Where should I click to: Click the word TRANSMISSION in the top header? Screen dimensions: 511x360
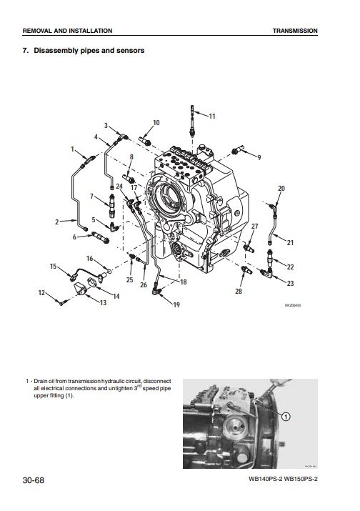295,31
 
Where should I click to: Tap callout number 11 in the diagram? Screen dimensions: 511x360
211,116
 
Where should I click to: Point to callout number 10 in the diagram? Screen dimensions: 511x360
156,124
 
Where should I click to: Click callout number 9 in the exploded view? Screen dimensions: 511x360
259,157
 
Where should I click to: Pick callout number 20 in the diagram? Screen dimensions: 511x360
280,189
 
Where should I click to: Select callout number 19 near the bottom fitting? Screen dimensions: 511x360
176,305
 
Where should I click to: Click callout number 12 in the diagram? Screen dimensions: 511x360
41,293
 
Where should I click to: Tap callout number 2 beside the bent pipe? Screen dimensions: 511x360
56,222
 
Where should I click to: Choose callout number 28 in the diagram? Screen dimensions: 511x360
238,292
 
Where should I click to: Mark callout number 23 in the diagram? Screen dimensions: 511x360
290,283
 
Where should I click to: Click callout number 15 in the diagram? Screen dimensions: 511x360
53,266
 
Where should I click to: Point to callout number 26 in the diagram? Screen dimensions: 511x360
144,285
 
